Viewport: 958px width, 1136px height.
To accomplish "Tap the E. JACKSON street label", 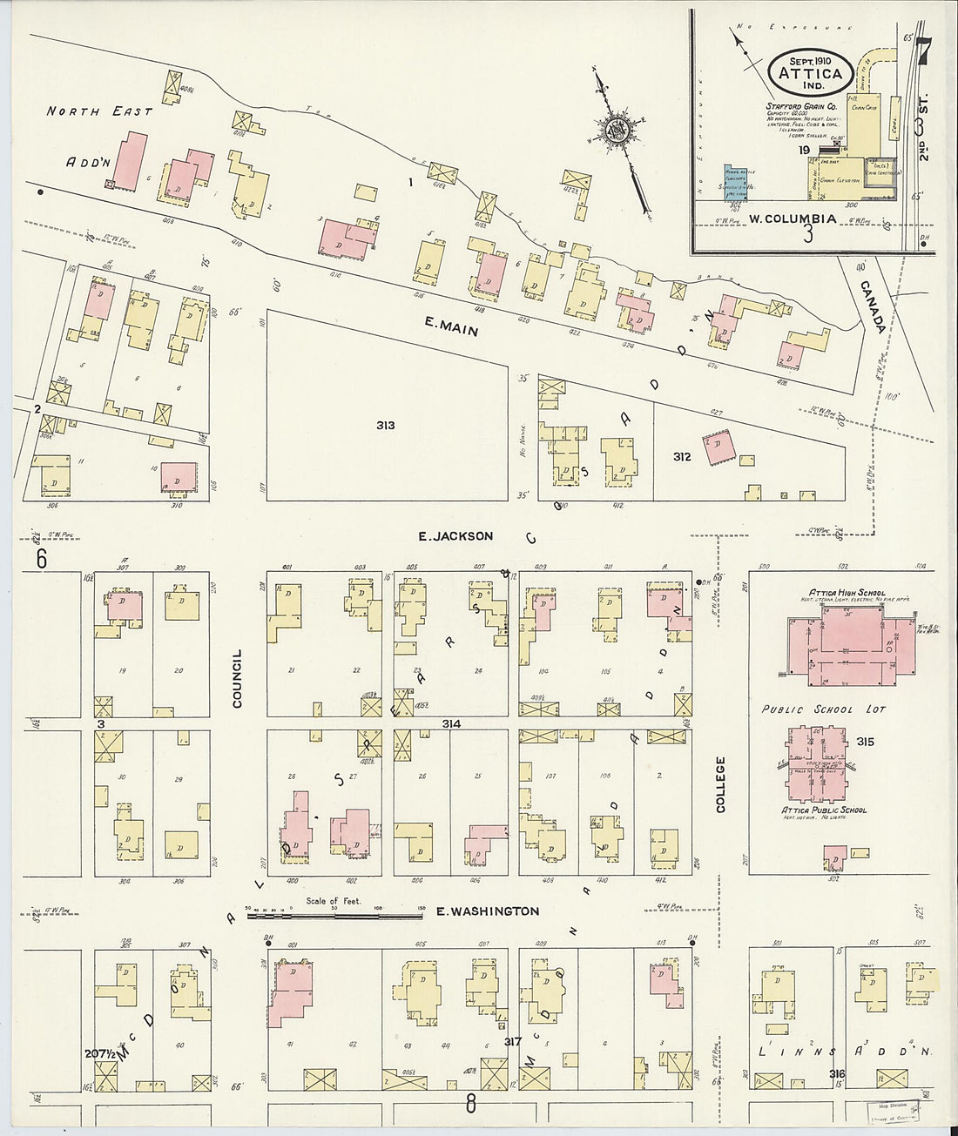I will coord(455,536).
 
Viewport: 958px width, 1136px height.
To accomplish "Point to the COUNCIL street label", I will coord(237,678).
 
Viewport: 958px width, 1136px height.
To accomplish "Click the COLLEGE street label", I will coord(720,784).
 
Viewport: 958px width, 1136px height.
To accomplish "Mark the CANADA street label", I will coord(874,307).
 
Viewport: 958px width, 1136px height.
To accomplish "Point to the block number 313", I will coord(386,426).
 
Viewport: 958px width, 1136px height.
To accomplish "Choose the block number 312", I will coord(682,456).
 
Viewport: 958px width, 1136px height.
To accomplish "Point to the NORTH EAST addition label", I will coord(99,111).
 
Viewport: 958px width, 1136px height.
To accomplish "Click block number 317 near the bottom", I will coord(512,1041).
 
